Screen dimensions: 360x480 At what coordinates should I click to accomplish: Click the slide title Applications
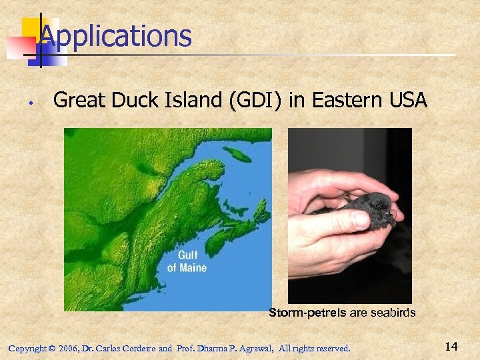(x=115, y=36)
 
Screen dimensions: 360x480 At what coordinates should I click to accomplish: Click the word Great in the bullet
(x=77, y=101)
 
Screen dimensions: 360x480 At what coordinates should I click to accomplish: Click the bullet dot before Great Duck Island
(x=31, y=103)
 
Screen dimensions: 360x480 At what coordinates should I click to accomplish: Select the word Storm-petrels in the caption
(x=307, y=312)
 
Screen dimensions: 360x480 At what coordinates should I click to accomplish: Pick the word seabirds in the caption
(x=392, y=312)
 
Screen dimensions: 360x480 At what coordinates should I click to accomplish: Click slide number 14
(x=451, y=346)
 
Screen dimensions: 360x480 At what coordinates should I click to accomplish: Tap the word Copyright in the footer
(x=27, y=348)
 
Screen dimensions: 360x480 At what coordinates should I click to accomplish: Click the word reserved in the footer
(x=330, y=348)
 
